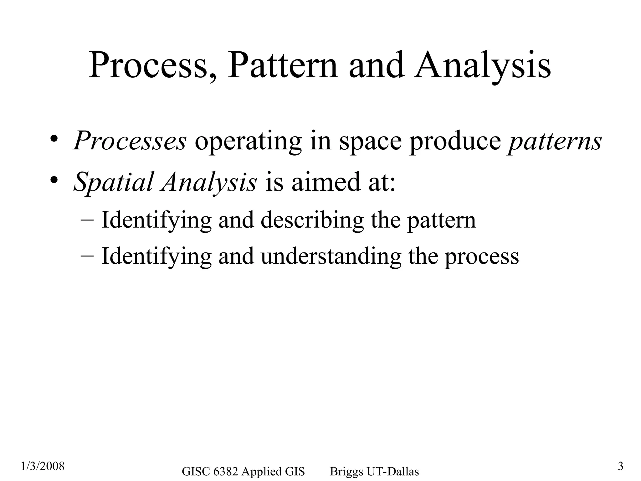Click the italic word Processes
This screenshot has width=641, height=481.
(x=130, y=141)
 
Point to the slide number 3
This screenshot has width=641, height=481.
(x=621, y=466)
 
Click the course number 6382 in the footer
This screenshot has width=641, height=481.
(x=225, y=471)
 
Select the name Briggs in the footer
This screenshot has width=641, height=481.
(x=346, y=472)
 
